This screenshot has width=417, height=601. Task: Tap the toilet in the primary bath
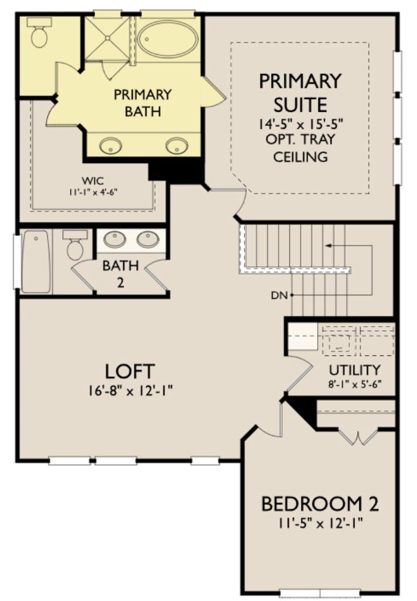tap(40, 33)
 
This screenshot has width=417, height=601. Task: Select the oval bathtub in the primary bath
tap(167, 39)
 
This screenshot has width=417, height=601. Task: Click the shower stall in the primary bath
tap(107, 38)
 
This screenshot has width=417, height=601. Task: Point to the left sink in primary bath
tap(110, 146)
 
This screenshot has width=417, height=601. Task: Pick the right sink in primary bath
tap(177, 146)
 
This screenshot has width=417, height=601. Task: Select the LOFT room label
tap(129, 371)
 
